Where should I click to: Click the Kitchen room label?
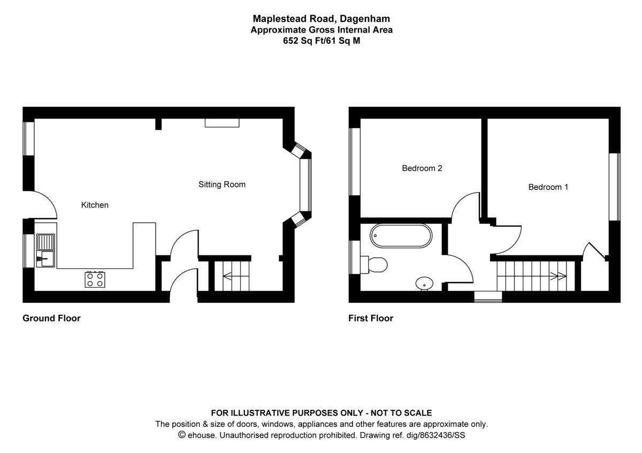(95, 205)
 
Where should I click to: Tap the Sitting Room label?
(222, 185)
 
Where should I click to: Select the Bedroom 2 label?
(422, 168)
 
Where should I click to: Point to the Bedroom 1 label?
(548, 187)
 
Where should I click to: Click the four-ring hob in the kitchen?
(95, 279)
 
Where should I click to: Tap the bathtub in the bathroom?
(401, 236)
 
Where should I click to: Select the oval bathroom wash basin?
(425, 283)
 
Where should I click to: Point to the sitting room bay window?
(305, 184)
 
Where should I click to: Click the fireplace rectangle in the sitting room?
(222, 123)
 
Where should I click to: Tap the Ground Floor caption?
(51, 318)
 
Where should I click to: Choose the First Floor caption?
(371, 318)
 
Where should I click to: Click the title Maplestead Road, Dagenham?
(322, 20)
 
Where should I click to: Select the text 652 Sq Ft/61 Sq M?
(322, 41)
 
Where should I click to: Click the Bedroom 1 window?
(615, 186)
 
